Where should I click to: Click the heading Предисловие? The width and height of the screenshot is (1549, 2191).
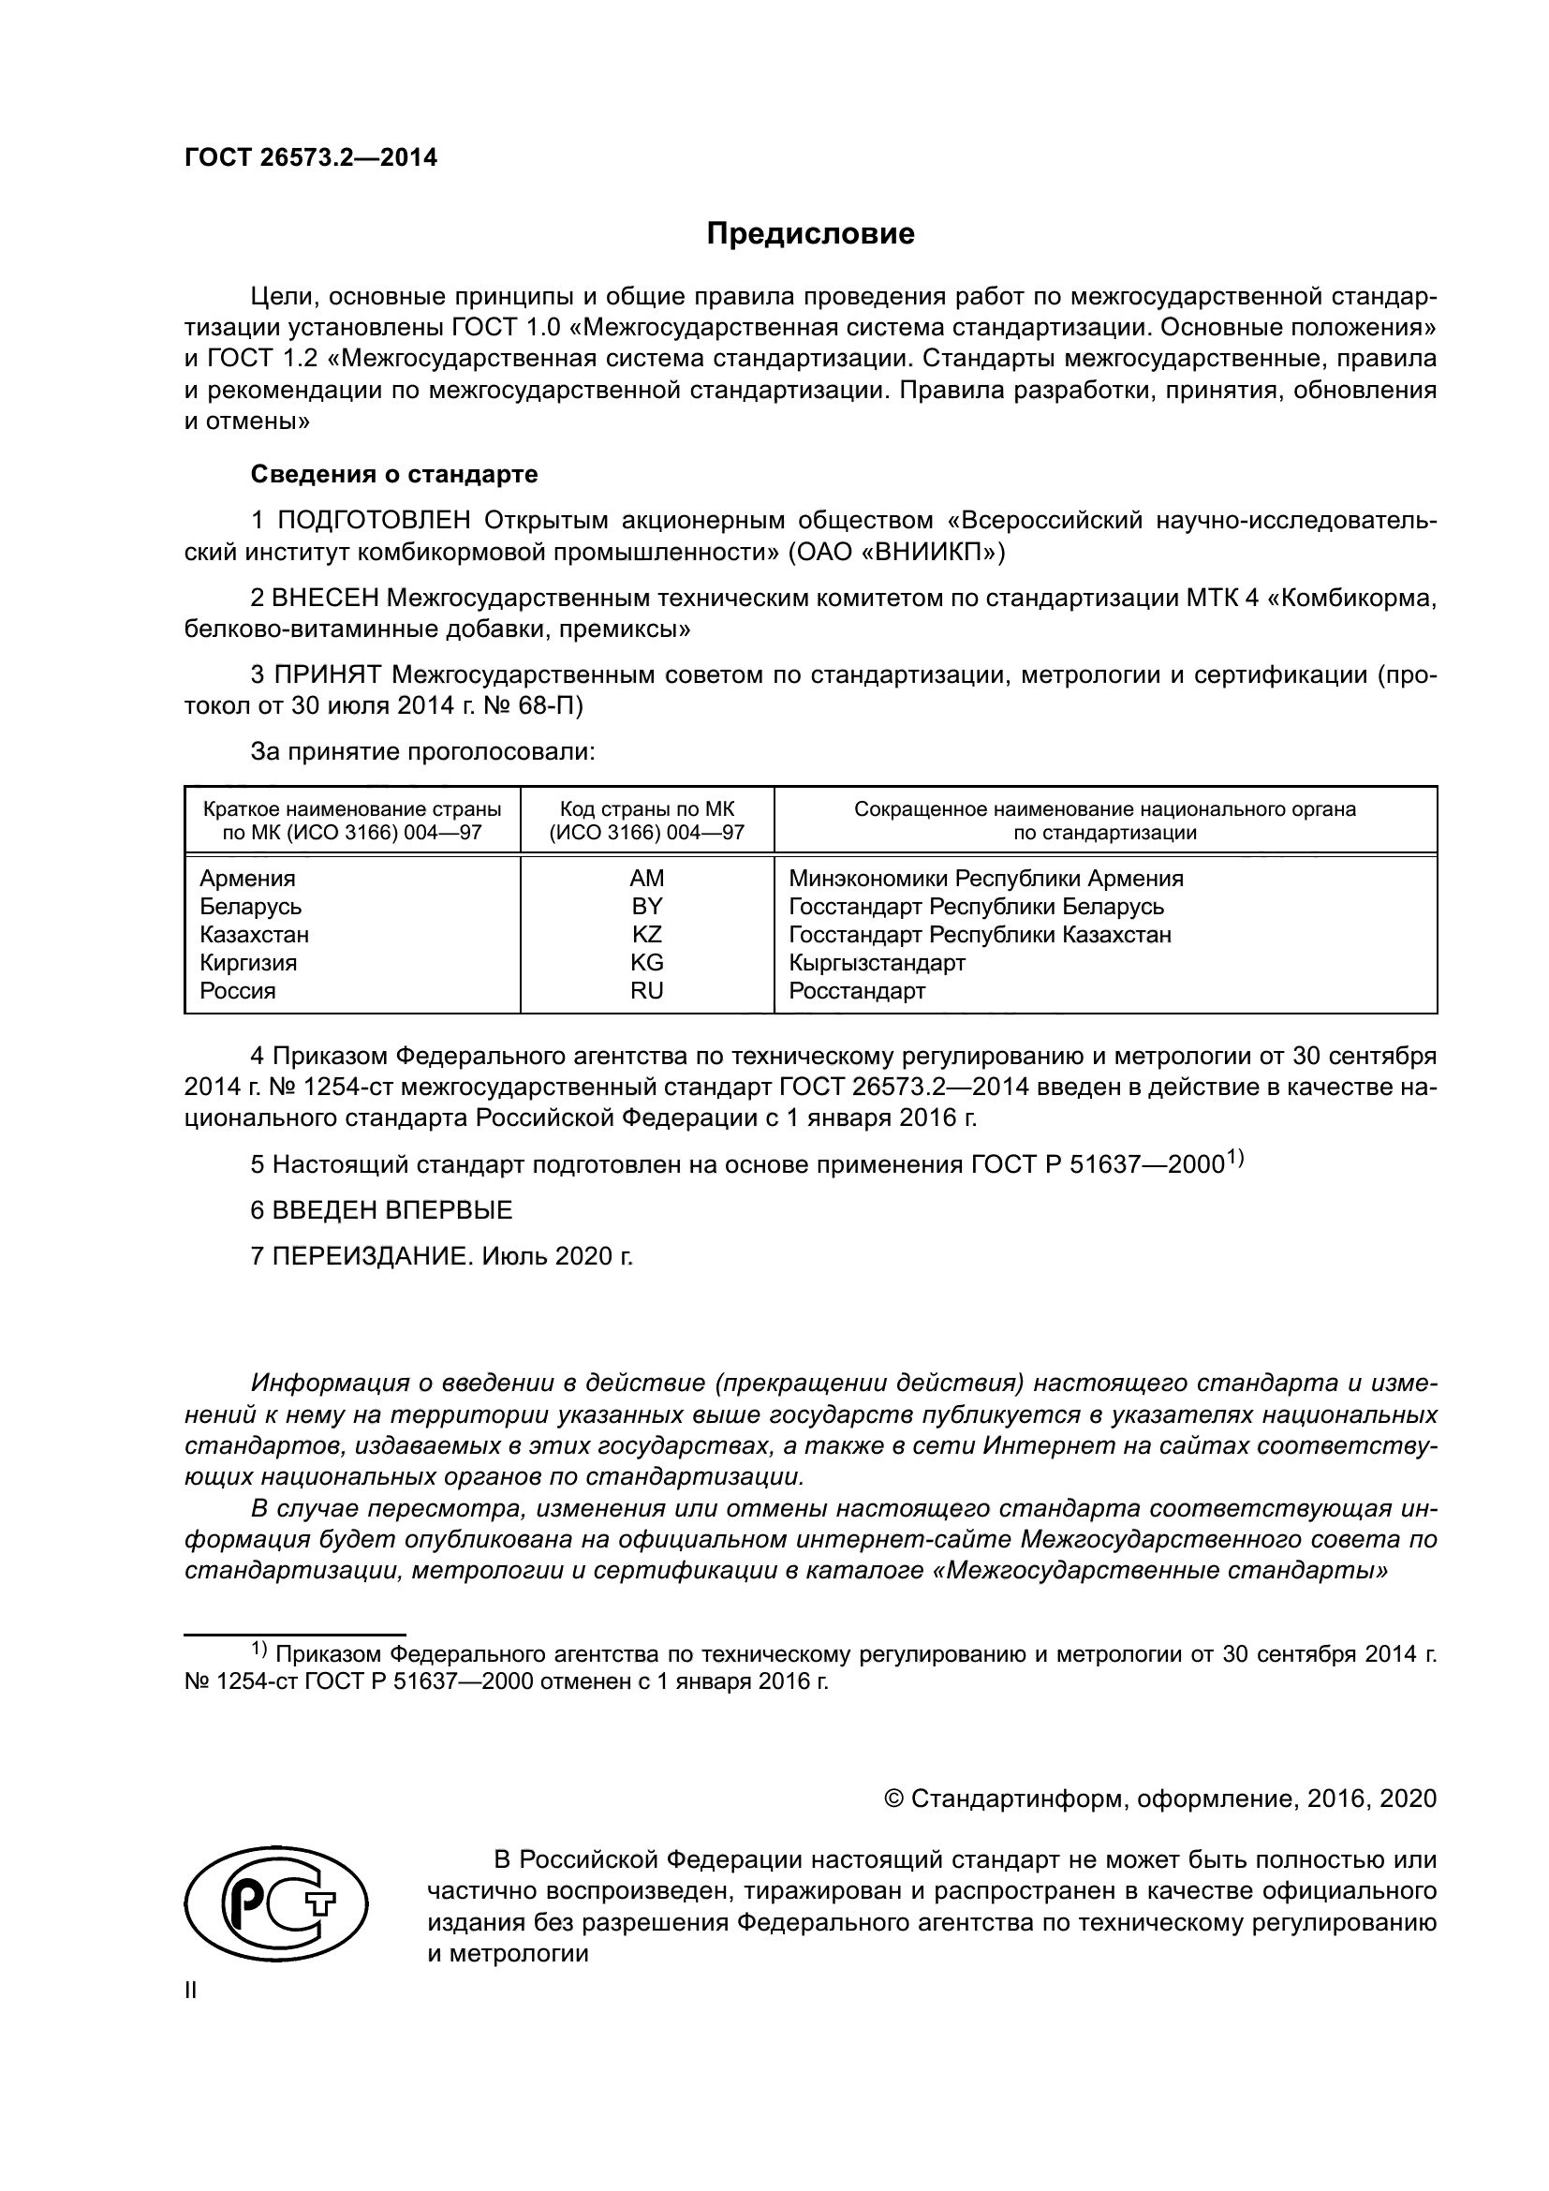tap(810, 234)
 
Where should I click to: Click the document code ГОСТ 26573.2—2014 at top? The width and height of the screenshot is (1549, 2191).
tap(311, 158)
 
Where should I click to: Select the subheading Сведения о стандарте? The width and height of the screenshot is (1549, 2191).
tap(394, 474)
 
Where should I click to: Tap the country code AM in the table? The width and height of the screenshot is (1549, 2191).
tap(647, 878)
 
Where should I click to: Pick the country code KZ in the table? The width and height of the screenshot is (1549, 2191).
tap(647, 934)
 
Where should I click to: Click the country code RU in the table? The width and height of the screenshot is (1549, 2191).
tap(647, 990)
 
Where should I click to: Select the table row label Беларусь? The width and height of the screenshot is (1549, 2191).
tap(251, 907)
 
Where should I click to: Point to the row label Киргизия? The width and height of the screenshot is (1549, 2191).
tap(248, 963)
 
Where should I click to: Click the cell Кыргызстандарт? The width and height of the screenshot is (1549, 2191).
tap(877, 963)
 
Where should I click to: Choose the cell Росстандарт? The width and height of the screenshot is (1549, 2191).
tap(857, 990)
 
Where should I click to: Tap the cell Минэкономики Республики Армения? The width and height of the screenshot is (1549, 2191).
tap(986, 878)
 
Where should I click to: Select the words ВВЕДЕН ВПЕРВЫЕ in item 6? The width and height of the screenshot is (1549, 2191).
tap(392, 1210)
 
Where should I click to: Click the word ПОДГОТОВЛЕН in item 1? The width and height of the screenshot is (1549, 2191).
tap(374, 521)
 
